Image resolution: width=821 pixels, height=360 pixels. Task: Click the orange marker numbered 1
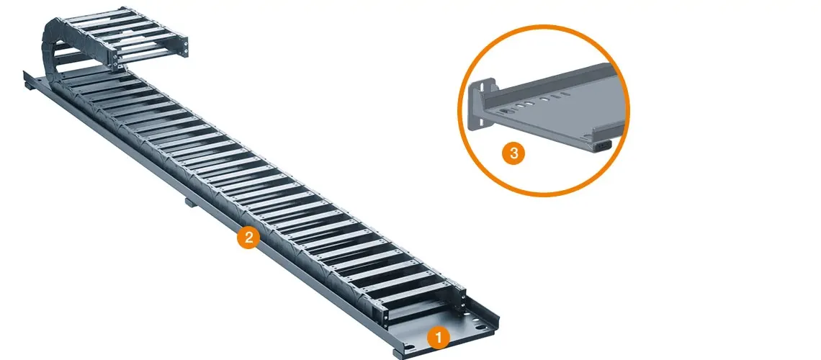coord(438,338)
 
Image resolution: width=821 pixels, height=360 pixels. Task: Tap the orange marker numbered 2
coord(248,238)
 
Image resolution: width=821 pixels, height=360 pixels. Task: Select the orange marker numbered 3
coord(513,154)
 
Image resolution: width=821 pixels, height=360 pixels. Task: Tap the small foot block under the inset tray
coord(601,146)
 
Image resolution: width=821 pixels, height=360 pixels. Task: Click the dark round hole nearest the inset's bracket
coord(506,112)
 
